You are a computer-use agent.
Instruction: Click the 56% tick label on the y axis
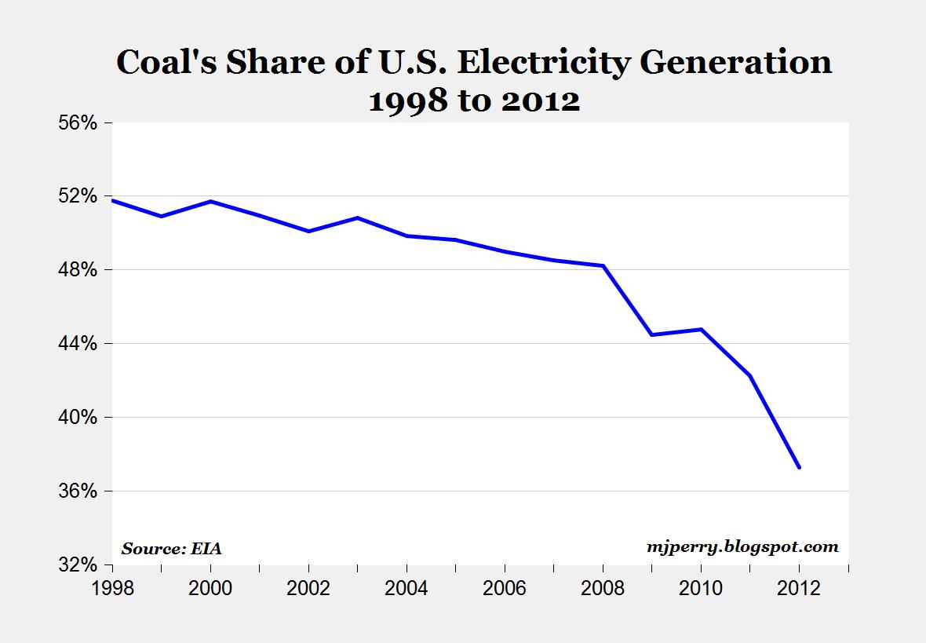[76, 122]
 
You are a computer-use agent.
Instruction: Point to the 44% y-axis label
[76, 344]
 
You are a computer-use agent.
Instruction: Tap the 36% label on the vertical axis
[76, 491]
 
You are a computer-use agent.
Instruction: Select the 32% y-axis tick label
[76, 565]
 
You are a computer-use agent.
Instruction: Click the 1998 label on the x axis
[112, 588]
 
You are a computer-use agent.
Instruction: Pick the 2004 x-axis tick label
[406, 588]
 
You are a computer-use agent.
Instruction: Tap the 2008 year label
[603, 588]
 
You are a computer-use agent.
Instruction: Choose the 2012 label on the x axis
[799, 588]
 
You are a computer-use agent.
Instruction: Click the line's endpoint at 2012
[799, 468]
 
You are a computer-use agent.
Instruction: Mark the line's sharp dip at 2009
[651, 334]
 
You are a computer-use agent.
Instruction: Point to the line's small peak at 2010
[701, 329]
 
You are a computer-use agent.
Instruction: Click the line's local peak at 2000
[210, 202]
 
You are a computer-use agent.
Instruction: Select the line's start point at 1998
[113, 200]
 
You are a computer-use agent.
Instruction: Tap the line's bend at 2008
[603, 266]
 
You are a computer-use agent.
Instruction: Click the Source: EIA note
[172, 549]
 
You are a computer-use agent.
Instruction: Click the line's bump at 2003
[357, 217]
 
